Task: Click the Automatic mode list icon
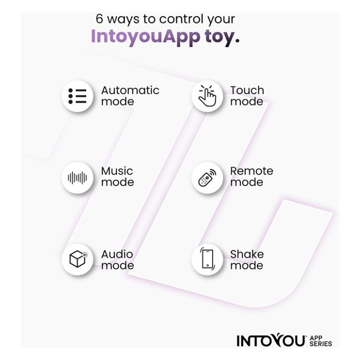click(77, 96)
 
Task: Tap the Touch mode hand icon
click(207, 96)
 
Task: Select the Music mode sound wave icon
click(77, 178)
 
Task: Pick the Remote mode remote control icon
click(207, 178)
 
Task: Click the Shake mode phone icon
click(207, 259)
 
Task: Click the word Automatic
click(130, 90)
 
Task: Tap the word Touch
click(247, 90)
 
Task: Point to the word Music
click(117, 171)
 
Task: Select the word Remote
click(252, 171)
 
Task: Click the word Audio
click(117, 254)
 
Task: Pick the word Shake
click(247, 254)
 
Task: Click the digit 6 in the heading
click(99, 18)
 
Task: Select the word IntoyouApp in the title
click(146, 36)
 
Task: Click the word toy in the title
click(222, 37)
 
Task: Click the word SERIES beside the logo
click(321, 343)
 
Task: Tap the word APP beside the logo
click(316, 338)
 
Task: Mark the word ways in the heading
click(123, 19)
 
